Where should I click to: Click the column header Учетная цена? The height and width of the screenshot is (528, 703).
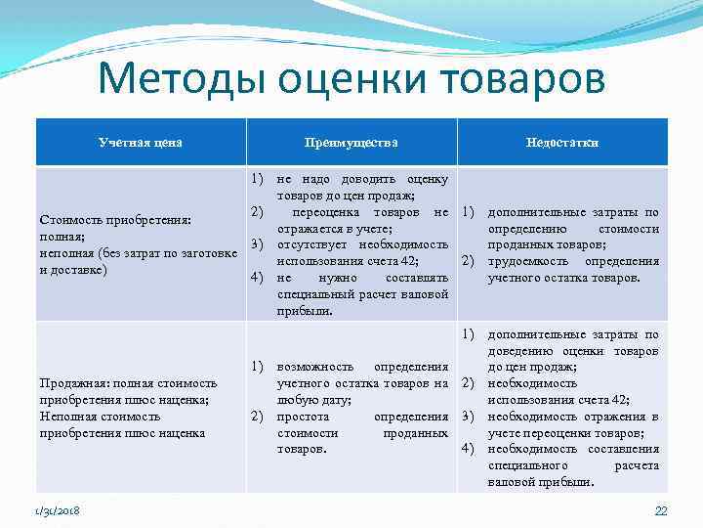(141, 143)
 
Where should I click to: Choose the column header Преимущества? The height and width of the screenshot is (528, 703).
(352, 143)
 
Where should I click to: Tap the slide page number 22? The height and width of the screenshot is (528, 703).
(660, 511)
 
